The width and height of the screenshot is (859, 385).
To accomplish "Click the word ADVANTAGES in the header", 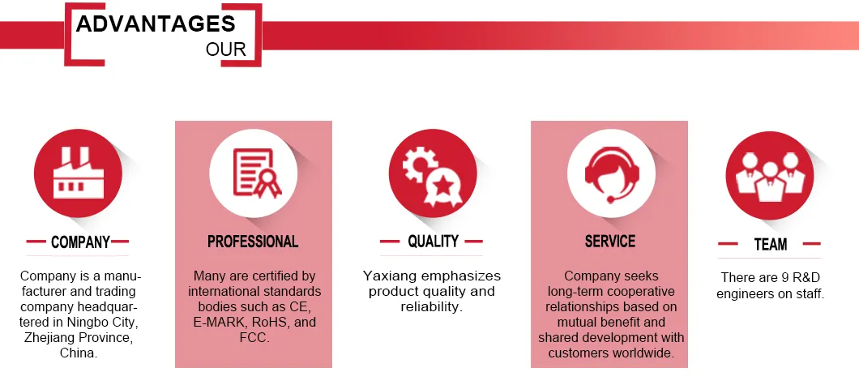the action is click(x=156, y=24).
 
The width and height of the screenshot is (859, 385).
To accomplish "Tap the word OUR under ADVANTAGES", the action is click(x=226, y=49).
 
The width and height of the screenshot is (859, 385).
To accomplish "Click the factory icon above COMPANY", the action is click(x=78, y=173).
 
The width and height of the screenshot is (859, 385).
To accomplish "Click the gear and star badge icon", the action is click(x=433, y=173).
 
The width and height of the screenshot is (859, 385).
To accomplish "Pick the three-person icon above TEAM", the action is click(x=770, y=175).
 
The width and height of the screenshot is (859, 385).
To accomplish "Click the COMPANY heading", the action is click(x=80, y=242).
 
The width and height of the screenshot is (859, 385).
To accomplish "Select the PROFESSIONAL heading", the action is click(x=253, y=242).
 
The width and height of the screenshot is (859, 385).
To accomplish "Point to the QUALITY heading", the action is click(x=433, y=241).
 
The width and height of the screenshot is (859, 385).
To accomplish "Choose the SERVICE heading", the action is click(x=610, y=242).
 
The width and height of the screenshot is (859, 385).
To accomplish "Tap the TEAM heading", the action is click(x=770, y=244).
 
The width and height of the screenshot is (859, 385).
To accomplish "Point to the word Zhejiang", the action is click(x=48, y=337).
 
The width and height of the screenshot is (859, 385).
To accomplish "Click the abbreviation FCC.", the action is click(x=254, y=337).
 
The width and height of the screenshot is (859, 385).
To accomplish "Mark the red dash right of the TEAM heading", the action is click(x=812, y=243).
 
